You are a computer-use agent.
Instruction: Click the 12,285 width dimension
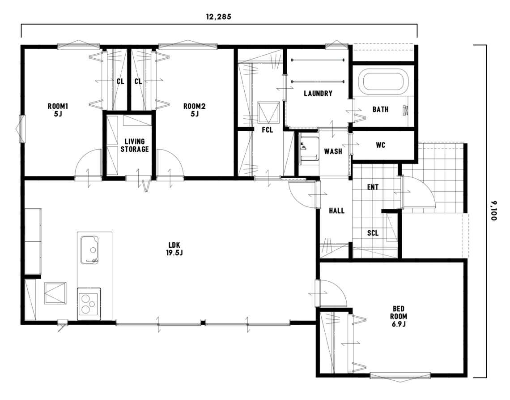point(219,17)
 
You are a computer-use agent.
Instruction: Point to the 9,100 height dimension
point(494,211)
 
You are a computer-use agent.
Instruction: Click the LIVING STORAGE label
point(135,145)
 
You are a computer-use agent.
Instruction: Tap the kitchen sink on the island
point(89,250)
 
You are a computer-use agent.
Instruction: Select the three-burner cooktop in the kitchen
point(89,304)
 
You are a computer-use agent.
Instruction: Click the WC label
point(381,145)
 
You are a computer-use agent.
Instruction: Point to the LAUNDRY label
point(318,94)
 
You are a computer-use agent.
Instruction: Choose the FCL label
point(268,129)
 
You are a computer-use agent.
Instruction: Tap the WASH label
point(333,151)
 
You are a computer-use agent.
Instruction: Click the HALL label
point(336,211)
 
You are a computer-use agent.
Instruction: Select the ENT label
point(373,187)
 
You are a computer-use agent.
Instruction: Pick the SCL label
point(373,233)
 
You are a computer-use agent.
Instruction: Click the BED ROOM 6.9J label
point(399,316)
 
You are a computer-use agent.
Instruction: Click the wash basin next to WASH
point(309,148)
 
